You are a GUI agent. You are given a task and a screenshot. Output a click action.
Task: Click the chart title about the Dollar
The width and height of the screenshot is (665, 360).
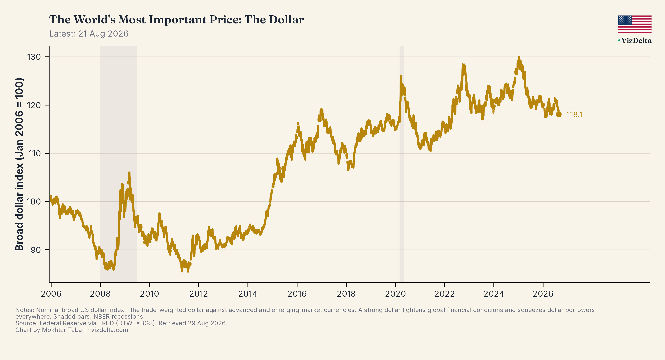(176, 19)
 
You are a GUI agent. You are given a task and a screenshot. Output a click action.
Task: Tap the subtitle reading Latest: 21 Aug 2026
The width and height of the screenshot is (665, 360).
(89, 34)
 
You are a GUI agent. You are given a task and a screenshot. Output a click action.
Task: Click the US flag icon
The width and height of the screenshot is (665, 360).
(635, 24)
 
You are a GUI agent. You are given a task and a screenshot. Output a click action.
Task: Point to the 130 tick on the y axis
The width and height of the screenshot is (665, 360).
(34, 57)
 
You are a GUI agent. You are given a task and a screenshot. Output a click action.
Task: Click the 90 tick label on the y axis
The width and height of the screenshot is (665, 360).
(36, 250)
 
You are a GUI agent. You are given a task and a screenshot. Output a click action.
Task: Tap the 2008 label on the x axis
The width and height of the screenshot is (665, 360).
(100, 294)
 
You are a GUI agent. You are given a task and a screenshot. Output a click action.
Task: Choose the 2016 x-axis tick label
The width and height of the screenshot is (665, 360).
(297, 294)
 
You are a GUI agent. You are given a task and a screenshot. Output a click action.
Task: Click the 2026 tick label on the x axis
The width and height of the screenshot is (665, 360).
(543, 294)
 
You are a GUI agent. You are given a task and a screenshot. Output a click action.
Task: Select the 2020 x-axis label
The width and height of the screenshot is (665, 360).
(395, 294)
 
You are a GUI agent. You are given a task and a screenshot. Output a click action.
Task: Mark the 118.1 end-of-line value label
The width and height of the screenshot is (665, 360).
(574, 115)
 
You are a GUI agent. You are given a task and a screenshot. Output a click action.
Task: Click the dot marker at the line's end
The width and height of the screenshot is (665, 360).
(559, 114)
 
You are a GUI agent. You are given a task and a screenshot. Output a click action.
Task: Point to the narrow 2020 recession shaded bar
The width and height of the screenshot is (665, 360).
(401, 164)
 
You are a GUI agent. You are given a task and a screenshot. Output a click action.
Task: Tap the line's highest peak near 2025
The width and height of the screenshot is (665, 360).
(519, 57)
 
